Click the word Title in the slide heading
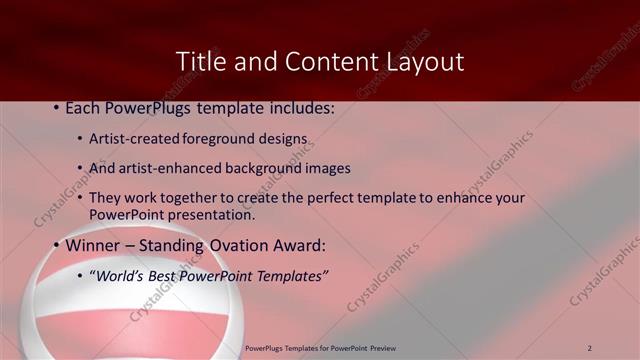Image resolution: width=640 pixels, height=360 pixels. click(x=199, y=61)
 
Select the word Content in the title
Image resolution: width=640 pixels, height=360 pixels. click(x=324, y=61)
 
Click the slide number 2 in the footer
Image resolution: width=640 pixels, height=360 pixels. click(x=590, y=348)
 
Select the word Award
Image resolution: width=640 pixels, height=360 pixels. click(x=299, y=245)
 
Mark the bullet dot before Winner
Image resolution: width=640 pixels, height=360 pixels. click(x=56, y=245)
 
